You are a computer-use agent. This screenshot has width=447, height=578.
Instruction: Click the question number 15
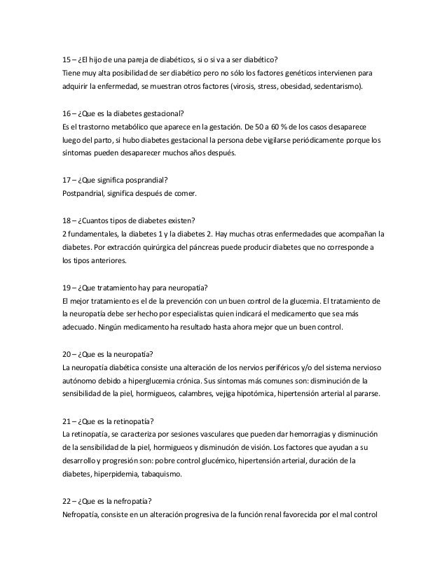click(67, 58)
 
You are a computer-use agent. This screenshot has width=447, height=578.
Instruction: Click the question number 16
click(67, 113)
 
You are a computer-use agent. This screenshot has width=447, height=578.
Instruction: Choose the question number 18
click(67, 218)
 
